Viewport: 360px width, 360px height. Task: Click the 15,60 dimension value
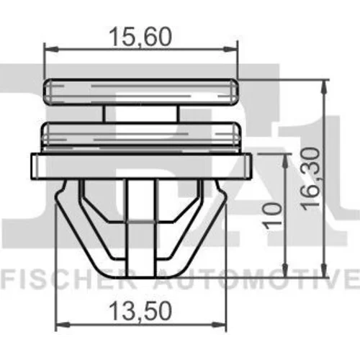pyautogui.click(x=140, y=37)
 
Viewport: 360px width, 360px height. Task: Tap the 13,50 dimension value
pyautogui.click(x=140, y=312)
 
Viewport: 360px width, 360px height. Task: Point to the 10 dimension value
pyautogui.click(x=273, y=216)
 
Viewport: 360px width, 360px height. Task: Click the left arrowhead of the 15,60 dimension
pyautogui.click(x=51, y=49)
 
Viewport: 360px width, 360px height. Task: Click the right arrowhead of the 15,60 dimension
pyautogui.click(x=230, y=49)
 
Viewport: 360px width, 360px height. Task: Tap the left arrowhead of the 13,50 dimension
pyautogui.click(x=63, y=325)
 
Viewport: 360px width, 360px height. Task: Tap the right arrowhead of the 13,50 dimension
pyautogui.click(x=220, y=325)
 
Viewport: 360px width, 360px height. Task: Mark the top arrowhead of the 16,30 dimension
pyautogui.click(x=324, y=87)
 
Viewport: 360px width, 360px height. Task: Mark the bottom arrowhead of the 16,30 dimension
pyautogui.click(x=324, y=270)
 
